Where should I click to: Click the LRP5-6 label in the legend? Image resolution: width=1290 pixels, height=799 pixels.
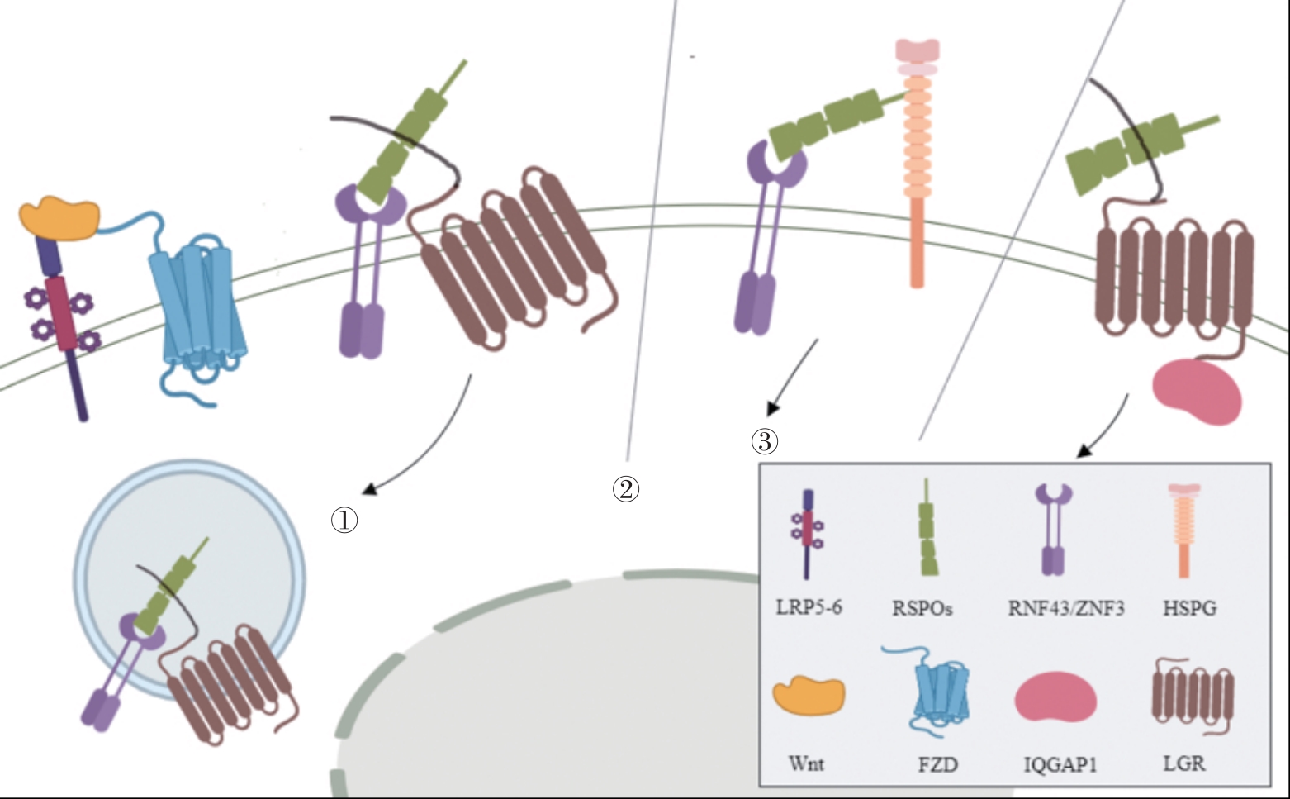click(809, 607)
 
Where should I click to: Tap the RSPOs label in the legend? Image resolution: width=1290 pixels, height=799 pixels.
click(922, 609)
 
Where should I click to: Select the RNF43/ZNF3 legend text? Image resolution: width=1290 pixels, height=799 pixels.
click(1065, 609)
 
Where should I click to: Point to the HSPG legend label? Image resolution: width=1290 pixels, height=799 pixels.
click(1189, 609)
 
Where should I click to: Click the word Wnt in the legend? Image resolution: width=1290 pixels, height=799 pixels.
click(806, 763)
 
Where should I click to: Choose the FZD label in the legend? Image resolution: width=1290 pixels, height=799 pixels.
click(937, 764)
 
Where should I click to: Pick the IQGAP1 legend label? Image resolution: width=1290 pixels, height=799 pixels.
click(1060, 764)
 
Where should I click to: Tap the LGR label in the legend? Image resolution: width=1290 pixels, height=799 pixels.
click(1183, 763)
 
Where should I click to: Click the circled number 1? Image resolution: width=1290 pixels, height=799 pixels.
click(344, 520)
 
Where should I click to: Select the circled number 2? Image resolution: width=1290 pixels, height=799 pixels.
click(626, 488)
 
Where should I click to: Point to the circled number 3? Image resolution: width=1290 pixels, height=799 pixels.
click(765, 441)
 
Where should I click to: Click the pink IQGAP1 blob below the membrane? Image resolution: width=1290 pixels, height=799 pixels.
click(1197, 390)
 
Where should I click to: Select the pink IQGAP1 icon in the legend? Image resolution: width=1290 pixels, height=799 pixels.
click(1055, 697)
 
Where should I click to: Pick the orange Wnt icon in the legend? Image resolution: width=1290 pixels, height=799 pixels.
click(809, 694)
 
